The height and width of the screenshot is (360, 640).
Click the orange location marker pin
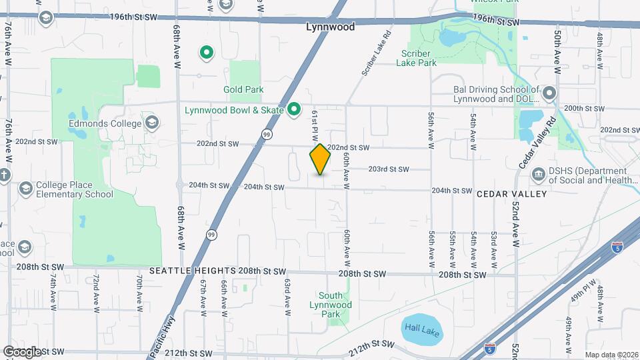click(x=320, y=159)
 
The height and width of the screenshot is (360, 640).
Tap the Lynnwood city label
click(x=330, y=28)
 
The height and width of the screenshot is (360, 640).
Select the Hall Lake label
click(x=422, y=329)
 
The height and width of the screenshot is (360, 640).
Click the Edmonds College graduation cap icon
click(x=152, y=123)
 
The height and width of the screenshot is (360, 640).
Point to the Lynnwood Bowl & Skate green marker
click(x=293, y=110)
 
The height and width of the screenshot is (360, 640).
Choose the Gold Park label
click(x=243, y=89)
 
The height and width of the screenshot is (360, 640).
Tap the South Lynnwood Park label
click(x=331, y=300)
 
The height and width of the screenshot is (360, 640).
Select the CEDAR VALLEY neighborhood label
click(x=511, y=194)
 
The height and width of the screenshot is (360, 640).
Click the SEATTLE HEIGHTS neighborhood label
click(x=192, y=271)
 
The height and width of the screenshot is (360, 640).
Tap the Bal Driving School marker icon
click(x=549, y=93)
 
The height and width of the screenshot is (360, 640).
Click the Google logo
click(x=21, y=352)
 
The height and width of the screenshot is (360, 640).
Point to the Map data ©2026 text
click(x=611, y=355)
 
